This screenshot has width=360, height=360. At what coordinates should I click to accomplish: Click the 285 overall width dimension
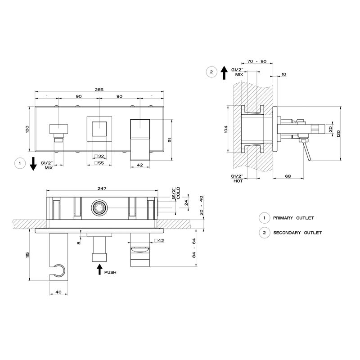pos(99,90)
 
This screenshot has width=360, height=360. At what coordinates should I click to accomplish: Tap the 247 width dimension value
pos(102,188)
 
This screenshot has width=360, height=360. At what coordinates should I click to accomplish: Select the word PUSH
pos(110,272)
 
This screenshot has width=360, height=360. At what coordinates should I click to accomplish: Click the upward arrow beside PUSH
pos(99,269)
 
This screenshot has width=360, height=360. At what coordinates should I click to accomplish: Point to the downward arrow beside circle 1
pos(33,164)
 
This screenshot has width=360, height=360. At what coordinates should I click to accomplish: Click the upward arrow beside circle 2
pos(224,72)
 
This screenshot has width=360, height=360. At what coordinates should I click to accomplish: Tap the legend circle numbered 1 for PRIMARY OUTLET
pos(264,218)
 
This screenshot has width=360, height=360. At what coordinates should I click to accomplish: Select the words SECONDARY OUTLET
pos(297,233)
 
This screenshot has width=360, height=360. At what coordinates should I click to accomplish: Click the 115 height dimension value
pos(27,254)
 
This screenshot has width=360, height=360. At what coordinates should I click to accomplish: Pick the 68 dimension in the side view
pos(288,176)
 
